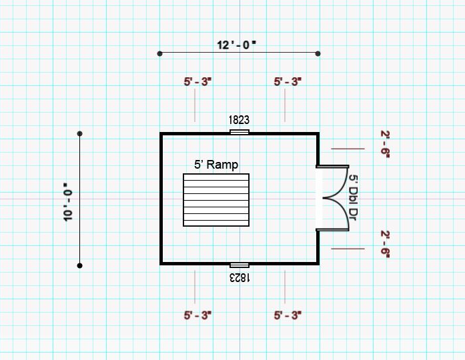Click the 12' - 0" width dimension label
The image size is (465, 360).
236,45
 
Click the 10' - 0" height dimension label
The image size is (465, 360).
68,202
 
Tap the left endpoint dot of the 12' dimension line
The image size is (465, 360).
160,53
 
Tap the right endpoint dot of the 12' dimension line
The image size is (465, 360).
318,53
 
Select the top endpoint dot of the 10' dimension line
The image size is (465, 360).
80,134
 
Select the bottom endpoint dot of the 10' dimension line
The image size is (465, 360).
80,266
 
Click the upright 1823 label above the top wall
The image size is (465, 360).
239,120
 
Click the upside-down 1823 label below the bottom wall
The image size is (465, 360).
240,278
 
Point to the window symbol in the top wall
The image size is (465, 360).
240,132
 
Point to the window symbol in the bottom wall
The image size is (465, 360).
240,265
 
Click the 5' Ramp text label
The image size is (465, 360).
216,165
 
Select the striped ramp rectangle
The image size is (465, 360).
216,200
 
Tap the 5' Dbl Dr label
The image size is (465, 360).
353,197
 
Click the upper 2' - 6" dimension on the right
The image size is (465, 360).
385,144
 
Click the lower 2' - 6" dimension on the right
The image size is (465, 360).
385,245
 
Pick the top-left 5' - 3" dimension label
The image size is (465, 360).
197,82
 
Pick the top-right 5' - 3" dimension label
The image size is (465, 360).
288,82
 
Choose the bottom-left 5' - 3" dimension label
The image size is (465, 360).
197,315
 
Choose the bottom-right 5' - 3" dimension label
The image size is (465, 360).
288,315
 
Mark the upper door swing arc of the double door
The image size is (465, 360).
342,187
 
